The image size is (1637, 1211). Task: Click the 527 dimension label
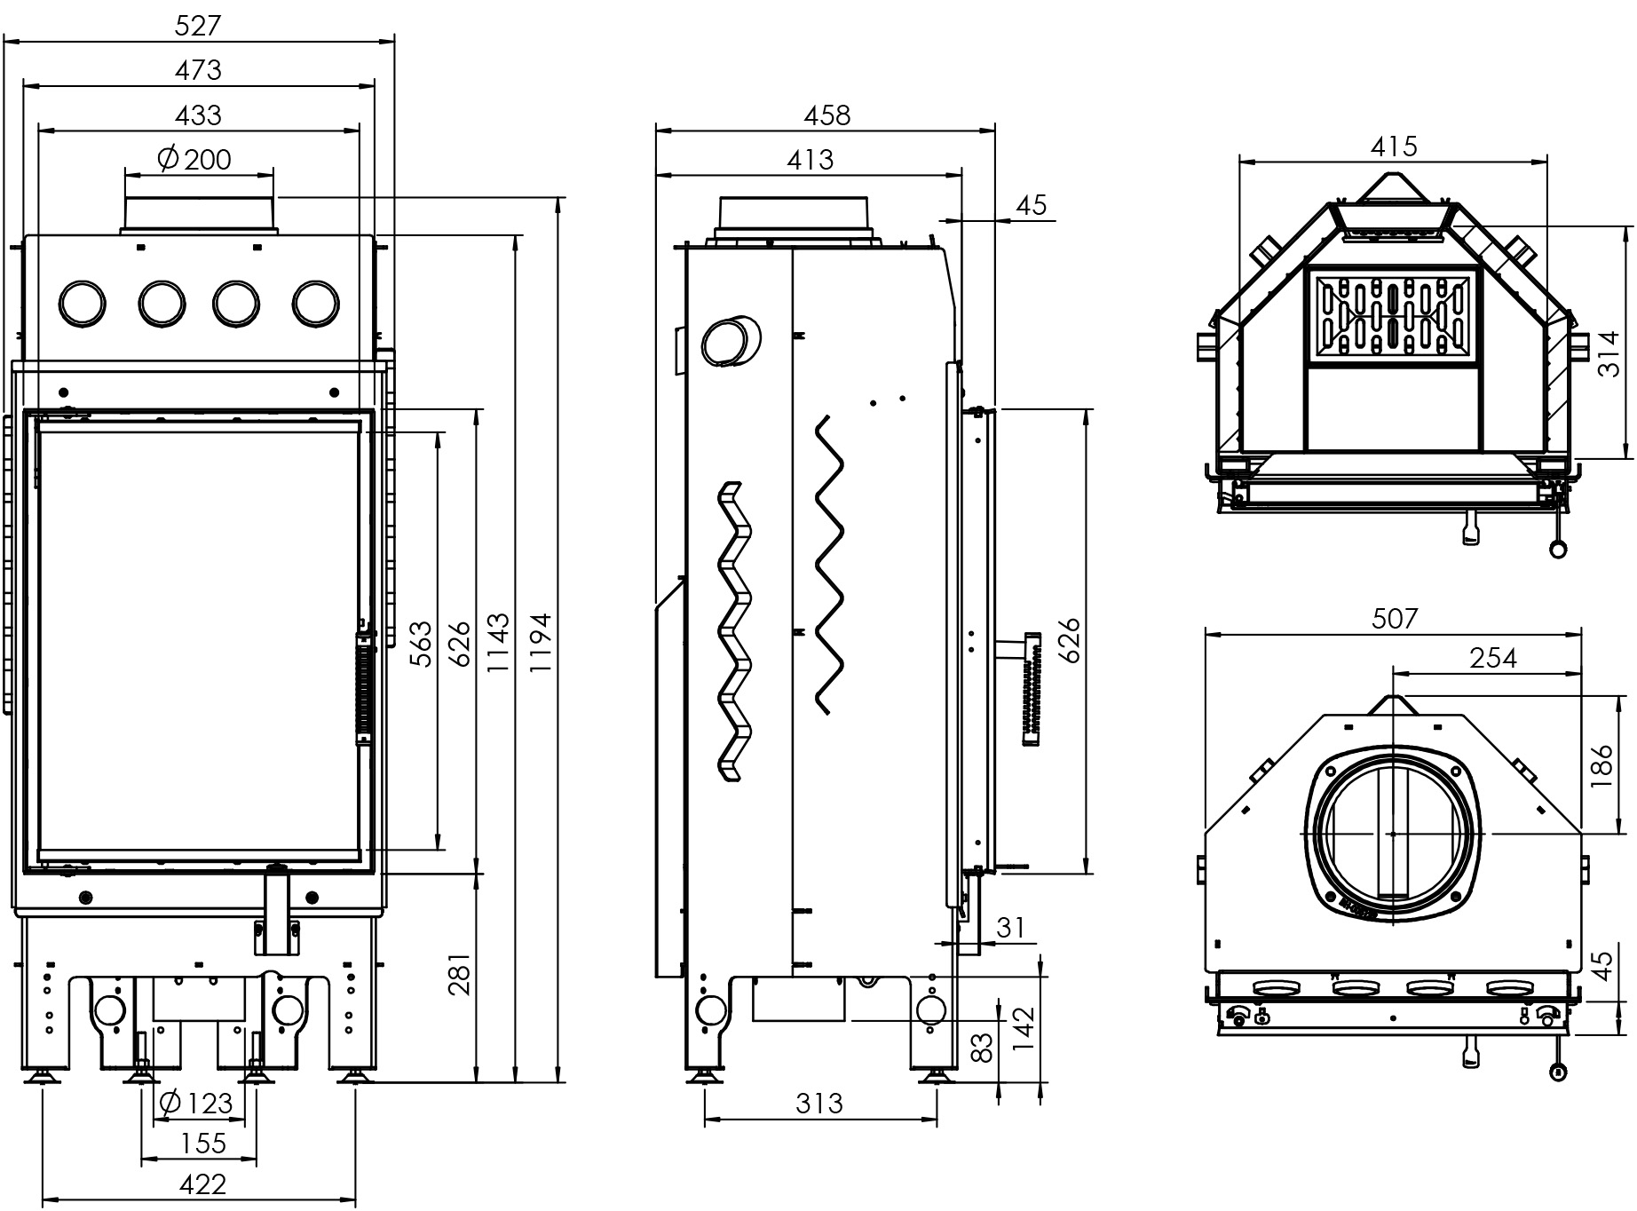pos(197,25)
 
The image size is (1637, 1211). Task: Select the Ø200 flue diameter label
pos(194,159)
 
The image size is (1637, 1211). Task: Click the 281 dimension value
pos(458,974)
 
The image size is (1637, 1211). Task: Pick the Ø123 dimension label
pos(194,1104)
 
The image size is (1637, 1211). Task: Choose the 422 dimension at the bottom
pos(202,1183)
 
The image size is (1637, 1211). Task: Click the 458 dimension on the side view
pos(826,115)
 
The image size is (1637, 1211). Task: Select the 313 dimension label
pos(818,1104)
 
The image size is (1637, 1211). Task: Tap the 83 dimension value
pos(981,1049)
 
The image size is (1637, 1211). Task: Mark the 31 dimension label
pos(1011,928)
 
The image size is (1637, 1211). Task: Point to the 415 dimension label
pos(1394,146)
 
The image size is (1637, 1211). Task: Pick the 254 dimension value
pos(1493,658)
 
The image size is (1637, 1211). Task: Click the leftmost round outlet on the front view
pos(82,304)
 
